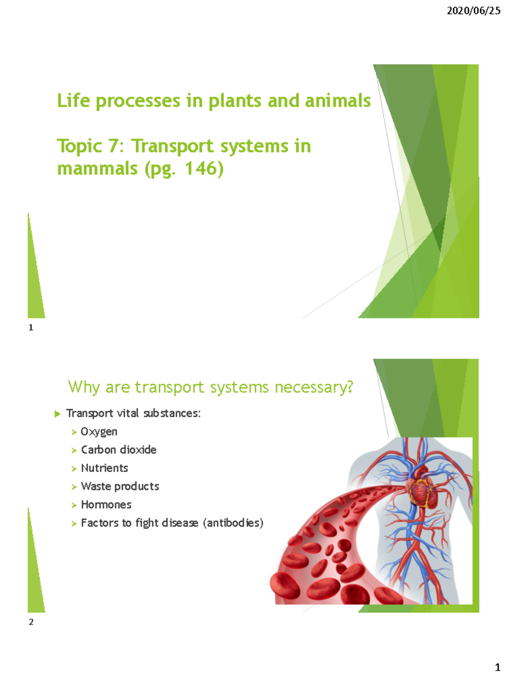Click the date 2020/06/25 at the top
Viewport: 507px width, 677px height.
coord(473,11)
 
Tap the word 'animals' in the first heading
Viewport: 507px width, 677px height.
coord(338,101)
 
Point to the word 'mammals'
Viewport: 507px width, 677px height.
coord(97,168)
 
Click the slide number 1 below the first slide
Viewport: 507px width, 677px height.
coord(31,327)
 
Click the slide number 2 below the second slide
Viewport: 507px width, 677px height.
coord(31,622)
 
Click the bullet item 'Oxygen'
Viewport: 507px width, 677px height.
coord(99,432)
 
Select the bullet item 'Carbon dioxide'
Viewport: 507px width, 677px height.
coord(119,450)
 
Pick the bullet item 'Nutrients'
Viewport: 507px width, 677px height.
coord(104,468)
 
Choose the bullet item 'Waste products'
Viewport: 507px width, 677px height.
coord(120,486)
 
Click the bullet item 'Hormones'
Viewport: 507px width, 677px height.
coord(106,505)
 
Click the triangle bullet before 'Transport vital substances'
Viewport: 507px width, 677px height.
coord(57,414)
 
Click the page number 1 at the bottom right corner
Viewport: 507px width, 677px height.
coord(497,668)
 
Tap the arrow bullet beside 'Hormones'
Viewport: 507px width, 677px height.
coord(74,505)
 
